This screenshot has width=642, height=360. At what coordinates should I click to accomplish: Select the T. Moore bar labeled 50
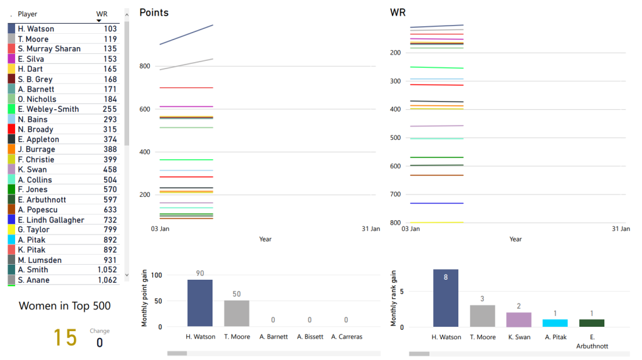236,313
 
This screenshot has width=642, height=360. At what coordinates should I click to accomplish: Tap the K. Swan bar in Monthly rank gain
518,319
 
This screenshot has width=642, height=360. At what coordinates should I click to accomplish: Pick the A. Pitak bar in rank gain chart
555,323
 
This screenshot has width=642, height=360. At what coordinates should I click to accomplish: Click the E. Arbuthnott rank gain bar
591,323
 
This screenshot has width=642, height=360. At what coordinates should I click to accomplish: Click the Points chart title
154,13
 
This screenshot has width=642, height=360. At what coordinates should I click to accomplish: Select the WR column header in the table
102,14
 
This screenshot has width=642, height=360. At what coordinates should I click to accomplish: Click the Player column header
28,14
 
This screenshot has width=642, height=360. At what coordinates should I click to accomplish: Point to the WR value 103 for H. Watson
110,29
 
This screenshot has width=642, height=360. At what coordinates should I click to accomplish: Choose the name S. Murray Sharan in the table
49,49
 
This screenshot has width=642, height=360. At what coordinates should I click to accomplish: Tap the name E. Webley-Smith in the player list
48,109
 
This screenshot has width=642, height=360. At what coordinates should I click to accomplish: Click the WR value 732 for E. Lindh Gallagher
110,220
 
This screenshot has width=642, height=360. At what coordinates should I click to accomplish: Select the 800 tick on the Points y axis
145,66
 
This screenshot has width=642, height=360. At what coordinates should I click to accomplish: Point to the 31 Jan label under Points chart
371,229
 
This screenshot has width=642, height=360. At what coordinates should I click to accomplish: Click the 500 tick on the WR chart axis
396,138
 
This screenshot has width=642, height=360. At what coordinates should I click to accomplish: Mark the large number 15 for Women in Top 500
65,337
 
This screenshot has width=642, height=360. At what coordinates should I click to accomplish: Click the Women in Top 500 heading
65,306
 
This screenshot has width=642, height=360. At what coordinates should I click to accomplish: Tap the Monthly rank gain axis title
394,298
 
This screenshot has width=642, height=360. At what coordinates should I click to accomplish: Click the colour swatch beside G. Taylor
11,230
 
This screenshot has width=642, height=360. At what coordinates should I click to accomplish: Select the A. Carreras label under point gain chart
347,337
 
